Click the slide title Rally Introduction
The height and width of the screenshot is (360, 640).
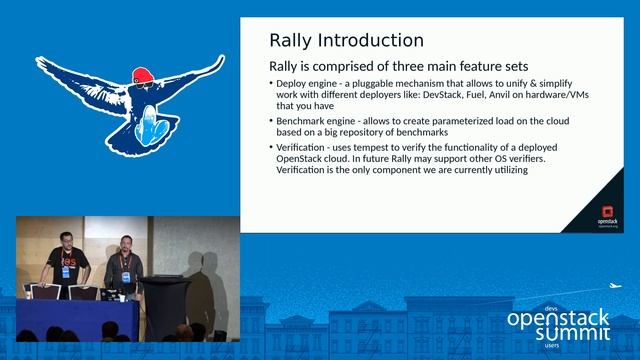[x=346, y=41]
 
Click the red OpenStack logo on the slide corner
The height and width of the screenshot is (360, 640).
[x=604, y=212]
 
